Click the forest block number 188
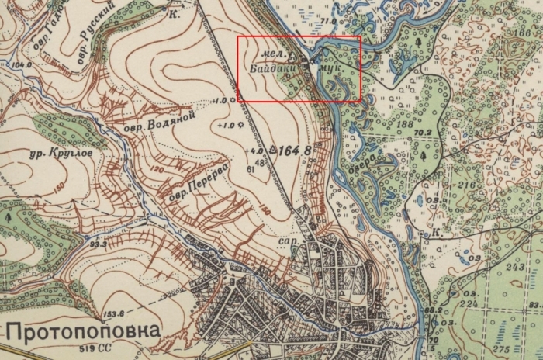(403, 125)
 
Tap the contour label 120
(157, 168)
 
